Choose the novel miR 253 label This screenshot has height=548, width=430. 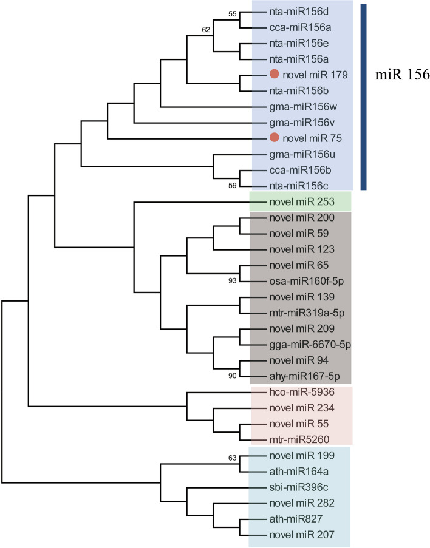pyautogui.click(x=294, y=202)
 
